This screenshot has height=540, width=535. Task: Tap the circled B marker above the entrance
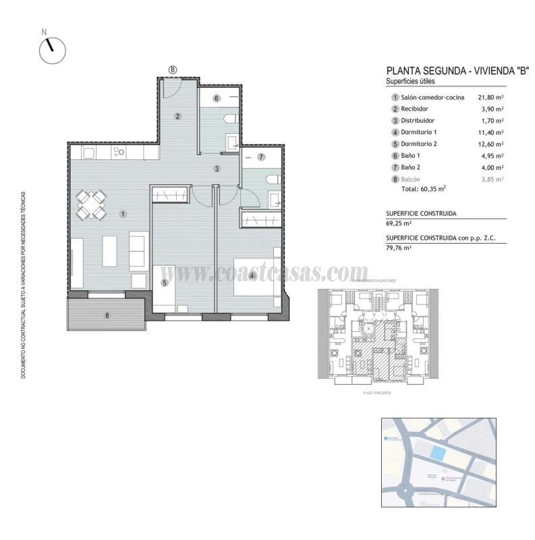(173, 69)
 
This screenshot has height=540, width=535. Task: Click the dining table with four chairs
(91, 205)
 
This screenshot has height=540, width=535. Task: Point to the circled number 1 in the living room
(123, 215)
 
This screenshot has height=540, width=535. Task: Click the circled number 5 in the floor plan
(164, 283)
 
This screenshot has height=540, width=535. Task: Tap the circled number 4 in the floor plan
(251, 275)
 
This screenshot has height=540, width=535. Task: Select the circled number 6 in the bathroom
(217, 99)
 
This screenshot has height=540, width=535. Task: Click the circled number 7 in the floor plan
(261, 157)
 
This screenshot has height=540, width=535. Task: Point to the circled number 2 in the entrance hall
(177, 116)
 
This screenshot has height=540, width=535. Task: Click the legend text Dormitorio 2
(420, 144)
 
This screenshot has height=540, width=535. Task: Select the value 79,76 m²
(399, 248)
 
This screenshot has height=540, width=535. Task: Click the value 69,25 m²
(399, 223)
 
